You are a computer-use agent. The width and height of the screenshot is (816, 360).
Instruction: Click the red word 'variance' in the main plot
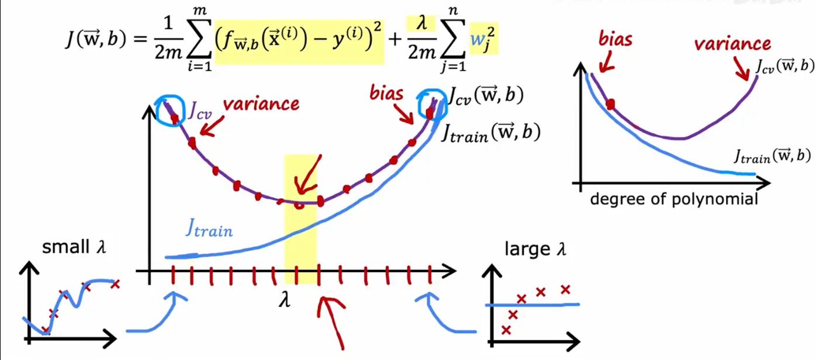coord(261,104)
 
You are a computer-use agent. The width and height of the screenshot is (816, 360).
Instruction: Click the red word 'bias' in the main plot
coord(386,94)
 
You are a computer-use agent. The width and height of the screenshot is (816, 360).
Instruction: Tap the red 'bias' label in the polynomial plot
coord(616,39)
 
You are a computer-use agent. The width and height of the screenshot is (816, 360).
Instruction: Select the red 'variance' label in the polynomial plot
coord(732,44)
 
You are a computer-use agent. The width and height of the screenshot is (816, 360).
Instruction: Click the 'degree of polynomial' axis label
coord(674,199)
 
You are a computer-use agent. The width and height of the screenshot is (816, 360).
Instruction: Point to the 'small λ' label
coord(74,247)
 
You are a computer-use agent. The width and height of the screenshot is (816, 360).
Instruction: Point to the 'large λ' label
coord(535,249)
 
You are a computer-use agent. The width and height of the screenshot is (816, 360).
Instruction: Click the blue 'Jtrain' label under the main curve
coord(209,229)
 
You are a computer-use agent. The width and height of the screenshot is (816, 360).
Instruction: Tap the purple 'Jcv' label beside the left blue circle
coord(200,110)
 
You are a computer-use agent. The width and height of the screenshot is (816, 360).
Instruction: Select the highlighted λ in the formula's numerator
coord(421,23)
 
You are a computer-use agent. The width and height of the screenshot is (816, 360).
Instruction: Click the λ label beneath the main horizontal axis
coord(285,301)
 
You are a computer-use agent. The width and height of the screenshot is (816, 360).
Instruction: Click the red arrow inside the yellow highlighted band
coord(308,176)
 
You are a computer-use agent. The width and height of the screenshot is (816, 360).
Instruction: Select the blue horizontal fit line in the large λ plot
coord(533,304)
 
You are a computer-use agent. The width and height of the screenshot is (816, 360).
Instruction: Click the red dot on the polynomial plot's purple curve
coord(611,105)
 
